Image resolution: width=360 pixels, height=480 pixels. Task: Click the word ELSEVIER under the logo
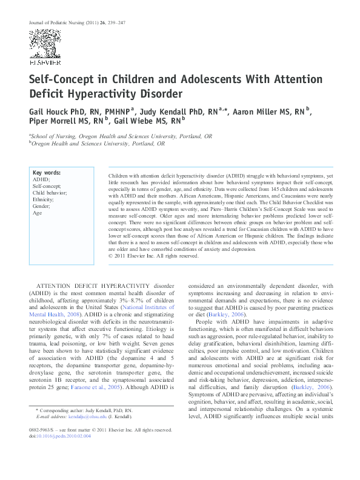click(45, 62)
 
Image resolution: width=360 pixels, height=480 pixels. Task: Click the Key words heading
click(45, 173)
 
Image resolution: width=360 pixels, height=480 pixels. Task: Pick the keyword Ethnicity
click(43, 198)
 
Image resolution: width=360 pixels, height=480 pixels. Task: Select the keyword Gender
click(42, 205)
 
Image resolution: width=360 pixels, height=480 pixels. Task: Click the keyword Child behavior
click(50, 192)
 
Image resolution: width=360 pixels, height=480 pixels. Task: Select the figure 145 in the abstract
click(255, 188)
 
